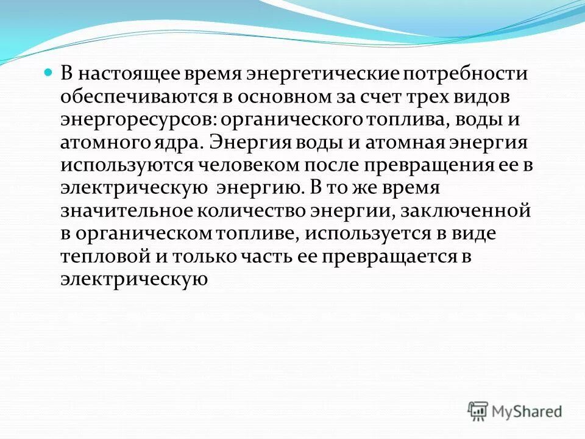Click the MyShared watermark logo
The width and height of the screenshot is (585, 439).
516,411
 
